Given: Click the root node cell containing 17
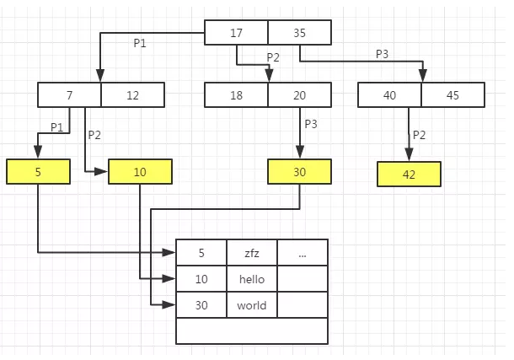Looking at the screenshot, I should (237, 32).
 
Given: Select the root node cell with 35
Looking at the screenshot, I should (300, 32).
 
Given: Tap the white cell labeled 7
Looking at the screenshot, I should (70, 95).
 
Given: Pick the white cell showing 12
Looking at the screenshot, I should (133, 95).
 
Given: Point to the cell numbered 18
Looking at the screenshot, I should (237, 95).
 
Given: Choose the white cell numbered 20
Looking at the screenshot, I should (300, 95).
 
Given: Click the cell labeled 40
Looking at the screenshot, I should (389, 95).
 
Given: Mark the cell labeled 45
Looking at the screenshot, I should (452, 95).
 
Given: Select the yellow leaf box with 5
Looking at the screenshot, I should (38, 172).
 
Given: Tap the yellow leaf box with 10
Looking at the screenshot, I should (140, 172).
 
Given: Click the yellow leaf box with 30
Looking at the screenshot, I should (300, 172).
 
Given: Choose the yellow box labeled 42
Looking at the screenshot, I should (410, 174).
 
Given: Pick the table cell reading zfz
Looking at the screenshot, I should (251, 252).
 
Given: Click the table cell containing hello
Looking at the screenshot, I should (251, 279).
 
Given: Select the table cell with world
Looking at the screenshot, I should (251, 305).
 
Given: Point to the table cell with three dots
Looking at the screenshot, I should (302, 252).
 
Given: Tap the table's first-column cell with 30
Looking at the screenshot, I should (201, 305).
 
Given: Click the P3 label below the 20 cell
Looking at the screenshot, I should (312, 124).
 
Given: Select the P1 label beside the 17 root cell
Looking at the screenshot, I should (140, 43).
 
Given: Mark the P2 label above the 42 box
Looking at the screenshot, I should (420, 135).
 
